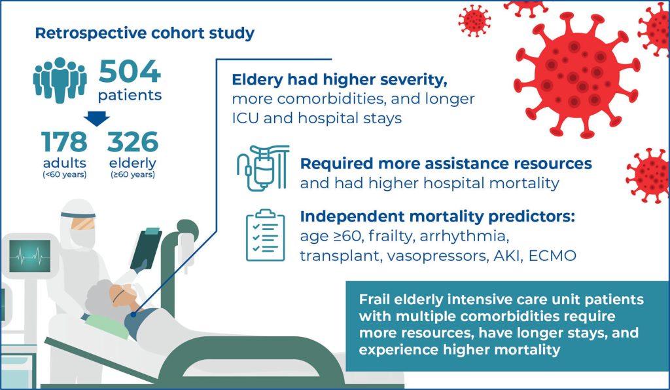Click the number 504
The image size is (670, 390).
click(130, 71)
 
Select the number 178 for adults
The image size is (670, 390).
click(64, 142)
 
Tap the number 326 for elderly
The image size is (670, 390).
click(132, 142)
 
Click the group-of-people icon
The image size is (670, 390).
click(60, 80)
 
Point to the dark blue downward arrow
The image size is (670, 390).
click(97, 118)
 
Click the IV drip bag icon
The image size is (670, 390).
click(263, 167)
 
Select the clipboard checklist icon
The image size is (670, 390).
click(266, 235)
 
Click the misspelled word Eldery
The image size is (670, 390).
click(257, 80)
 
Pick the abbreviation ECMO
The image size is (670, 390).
click(552, 256)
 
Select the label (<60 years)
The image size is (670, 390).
click(65, 174)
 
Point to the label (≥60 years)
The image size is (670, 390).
click(133, 174)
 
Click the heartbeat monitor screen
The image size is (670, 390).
click(30, 256)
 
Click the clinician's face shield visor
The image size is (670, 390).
click(82, 223)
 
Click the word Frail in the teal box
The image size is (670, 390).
click(374, 300)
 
